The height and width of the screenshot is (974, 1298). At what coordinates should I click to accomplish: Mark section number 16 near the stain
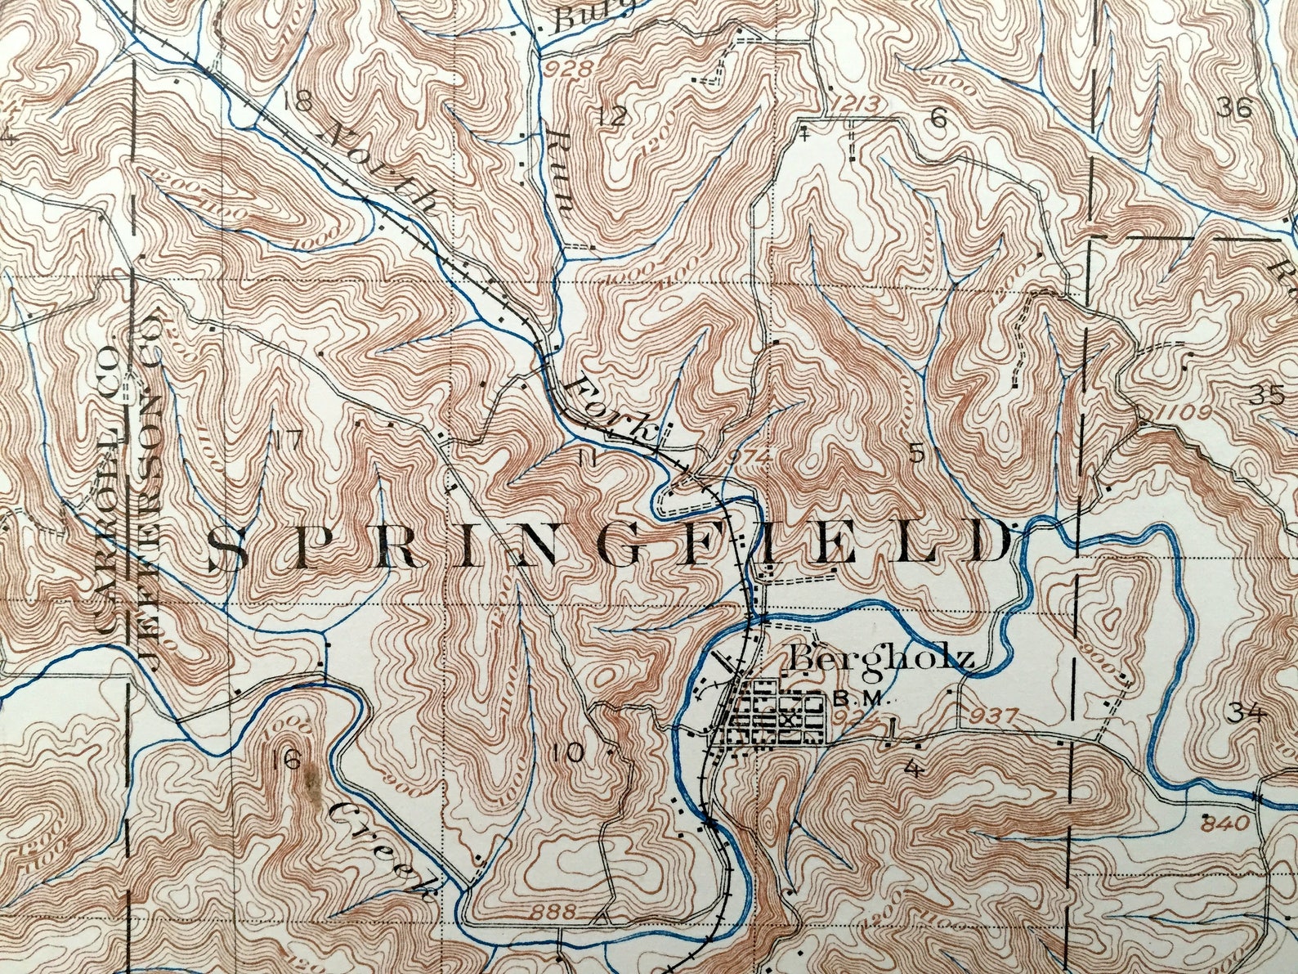(x=289, y=760)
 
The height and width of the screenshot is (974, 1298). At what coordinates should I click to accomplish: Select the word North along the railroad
(x=383, y=164)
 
